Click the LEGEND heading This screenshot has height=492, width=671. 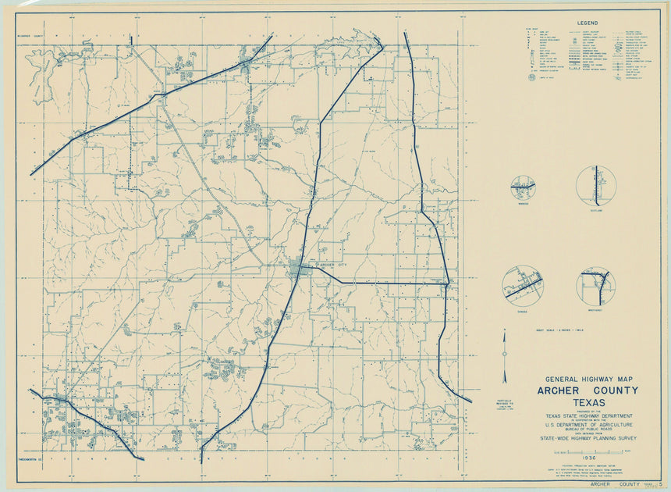pos(587,23)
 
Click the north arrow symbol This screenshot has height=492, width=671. pos(504,356)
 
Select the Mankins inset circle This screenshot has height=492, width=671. pos(523,187)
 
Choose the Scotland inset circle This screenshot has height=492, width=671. pos(596,186)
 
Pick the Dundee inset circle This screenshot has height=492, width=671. pos(523,286)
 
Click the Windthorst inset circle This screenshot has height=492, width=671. pos(596,287)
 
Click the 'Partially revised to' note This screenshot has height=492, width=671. pos(503,400)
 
